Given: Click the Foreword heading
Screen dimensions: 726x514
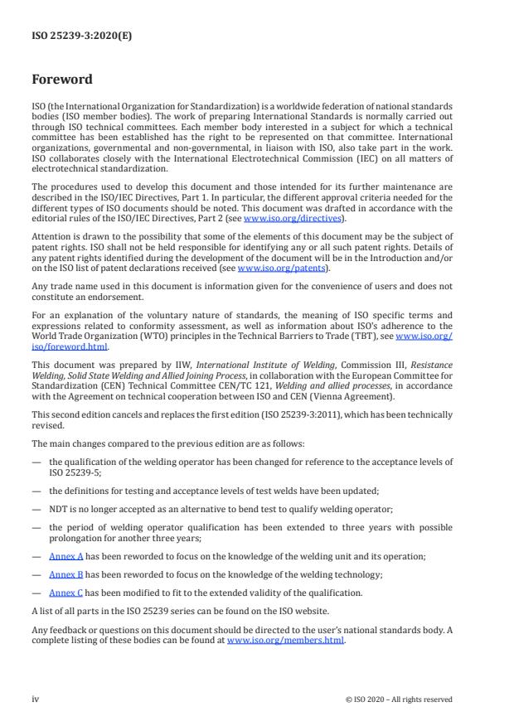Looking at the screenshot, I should point(62,80).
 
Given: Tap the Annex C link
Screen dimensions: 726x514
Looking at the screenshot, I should point(66,593).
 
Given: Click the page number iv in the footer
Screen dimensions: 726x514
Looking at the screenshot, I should point(36,699).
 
